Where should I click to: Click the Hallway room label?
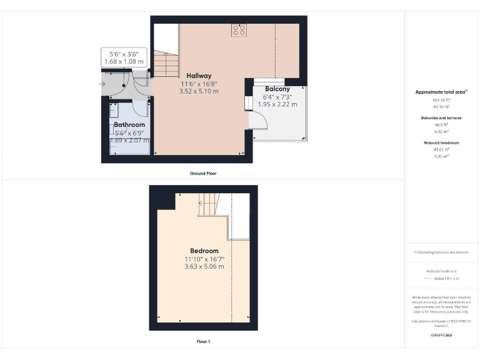click(x=199, y=76)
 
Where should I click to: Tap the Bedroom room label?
click(x=205, y=251)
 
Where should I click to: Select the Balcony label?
click(x=277, y=89)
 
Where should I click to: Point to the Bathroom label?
click(x=129, y=125)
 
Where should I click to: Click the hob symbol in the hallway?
click(x=239, y=30)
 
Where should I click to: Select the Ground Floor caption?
click(x=202, y=173)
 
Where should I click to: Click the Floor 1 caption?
click(x=202, y=342)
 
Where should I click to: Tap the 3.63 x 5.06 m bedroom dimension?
click(x=204, y=267)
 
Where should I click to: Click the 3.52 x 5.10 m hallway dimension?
click(x=199, y=91)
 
